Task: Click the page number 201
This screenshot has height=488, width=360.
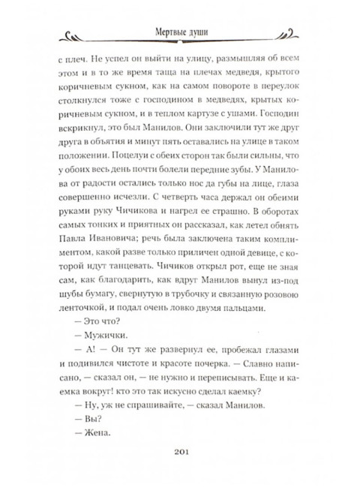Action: click(x=180, y=471)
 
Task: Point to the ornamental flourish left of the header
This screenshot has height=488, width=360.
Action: click(x=80, y=33)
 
